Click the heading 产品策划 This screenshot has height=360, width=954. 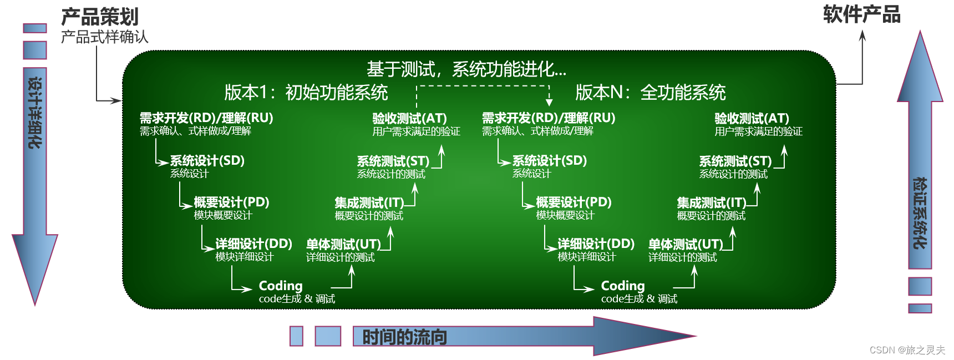coord(100,17)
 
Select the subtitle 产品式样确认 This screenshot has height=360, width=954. coord(104,37)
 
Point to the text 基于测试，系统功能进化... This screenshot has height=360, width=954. coord(466,69)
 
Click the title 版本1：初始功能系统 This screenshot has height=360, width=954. coord(306,93)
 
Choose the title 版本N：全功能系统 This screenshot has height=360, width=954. coord(650,93)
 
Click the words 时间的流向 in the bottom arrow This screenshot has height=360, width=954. coord(404,337)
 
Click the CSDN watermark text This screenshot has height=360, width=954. coord(907,350)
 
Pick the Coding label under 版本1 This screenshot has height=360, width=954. coord(281,286)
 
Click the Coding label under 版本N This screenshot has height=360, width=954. coord(623,286)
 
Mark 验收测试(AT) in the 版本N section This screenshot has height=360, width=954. coord(752,118)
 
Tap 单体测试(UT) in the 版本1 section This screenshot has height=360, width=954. coord(343,244)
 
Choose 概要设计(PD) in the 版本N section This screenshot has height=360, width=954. coord(574,202)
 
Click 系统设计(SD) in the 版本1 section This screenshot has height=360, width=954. coord(207,160)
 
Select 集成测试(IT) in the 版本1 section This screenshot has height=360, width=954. coord(369,202)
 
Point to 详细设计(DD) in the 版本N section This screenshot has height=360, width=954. coord(596,244)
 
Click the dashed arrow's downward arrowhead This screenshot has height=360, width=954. coord(549,103)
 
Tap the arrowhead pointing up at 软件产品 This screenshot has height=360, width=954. coord(862,34)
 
